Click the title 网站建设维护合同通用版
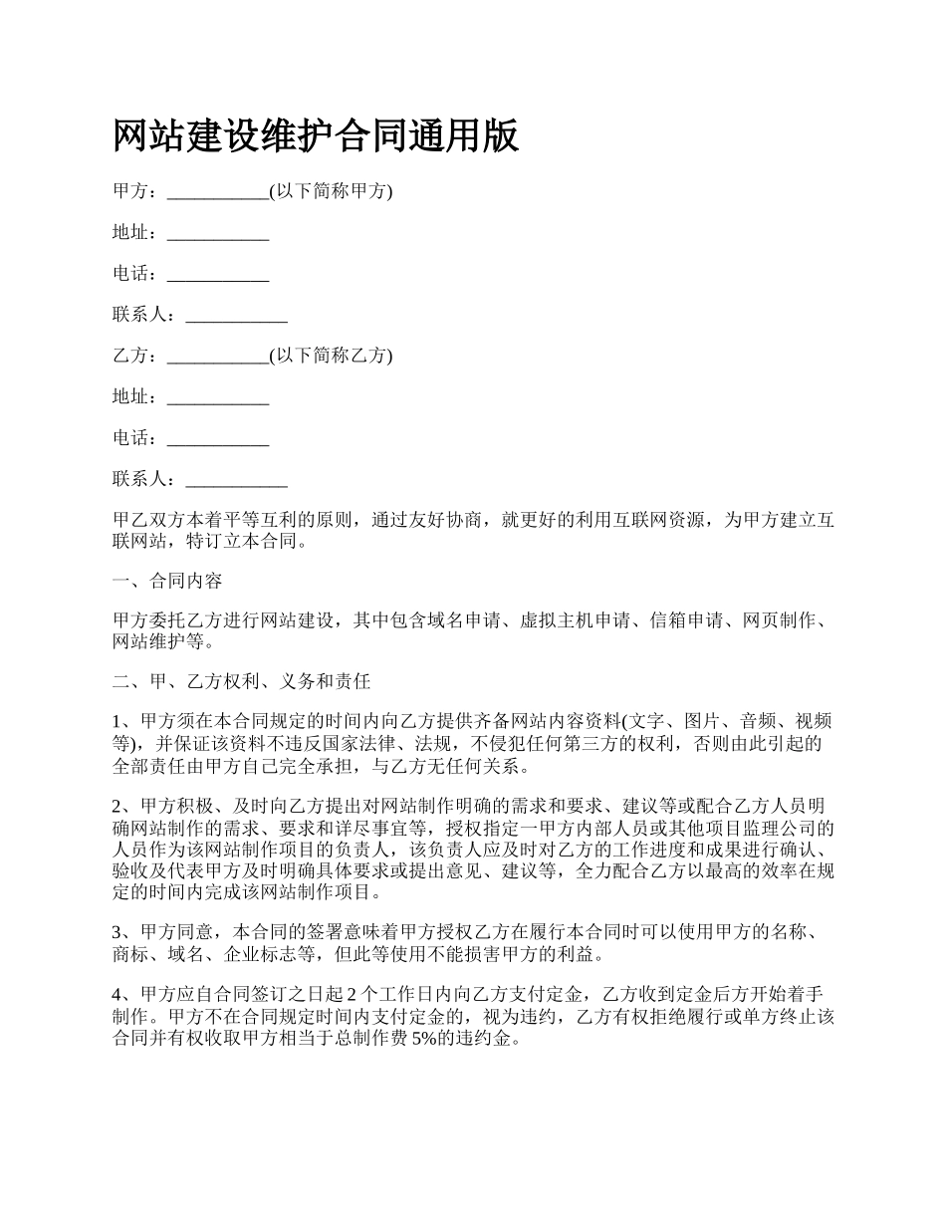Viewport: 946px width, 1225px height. point(316,136)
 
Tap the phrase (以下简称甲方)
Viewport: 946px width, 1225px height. point(331,192)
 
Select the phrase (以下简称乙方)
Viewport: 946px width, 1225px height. point(331,356)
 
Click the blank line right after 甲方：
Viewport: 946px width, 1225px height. point(218,194)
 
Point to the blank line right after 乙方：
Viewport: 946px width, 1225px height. point(218,358)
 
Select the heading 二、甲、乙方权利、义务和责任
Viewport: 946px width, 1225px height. point(242,682)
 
